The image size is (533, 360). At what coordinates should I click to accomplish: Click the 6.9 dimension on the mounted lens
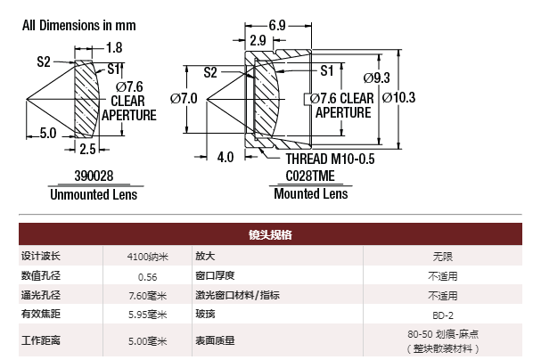pyautogui.click(x=277, y=25)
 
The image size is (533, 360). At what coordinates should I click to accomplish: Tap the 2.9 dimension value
pyautogui.click(x=258, y=40)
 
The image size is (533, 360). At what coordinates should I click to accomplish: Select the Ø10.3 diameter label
pyautogui.click(x=398, y=97)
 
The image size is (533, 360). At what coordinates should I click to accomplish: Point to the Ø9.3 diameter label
pyautogui.click(x=377, y=78)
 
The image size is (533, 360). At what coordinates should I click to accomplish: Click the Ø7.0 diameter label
pyautogui.click(x=184, y=99)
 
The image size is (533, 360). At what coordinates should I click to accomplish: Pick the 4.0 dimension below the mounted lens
pyautogui.click(x=225, y=158)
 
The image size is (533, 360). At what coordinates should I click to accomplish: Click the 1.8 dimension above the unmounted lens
pyautogui.click(x=114, y=47)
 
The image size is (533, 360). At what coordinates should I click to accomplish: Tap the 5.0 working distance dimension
pyautogui.click(x=48, y=133)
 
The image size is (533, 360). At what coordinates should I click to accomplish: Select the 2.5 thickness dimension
pyautogui.click(x=87, y=149)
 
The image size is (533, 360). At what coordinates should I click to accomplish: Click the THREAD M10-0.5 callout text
pyautogui.click(x=330, y=160)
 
